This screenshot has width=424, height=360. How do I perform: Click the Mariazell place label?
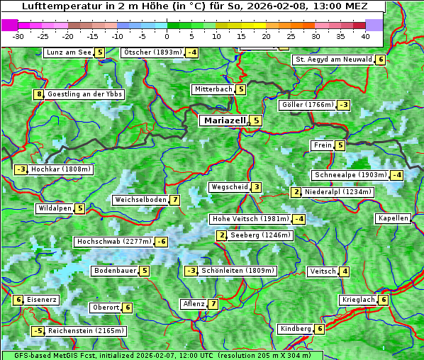tap(224, 120)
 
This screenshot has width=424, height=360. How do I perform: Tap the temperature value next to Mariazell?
tap(256, 120)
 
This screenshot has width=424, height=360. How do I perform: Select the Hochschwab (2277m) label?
tap(114, 242)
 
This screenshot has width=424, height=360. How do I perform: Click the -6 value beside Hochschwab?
tap(162, 242)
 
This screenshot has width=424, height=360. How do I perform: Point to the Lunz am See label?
tap(69, 52)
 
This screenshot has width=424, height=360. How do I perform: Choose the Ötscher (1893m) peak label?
tap(152, 52)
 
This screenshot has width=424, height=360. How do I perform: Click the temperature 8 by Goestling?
tap(38, 94)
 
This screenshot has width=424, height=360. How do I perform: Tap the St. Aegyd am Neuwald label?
tap(333, 60)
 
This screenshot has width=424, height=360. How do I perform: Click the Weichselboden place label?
tap(141, 200)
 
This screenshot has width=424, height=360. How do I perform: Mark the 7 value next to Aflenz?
tap(213, 304)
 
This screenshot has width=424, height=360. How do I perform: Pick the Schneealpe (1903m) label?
tap(350, 175)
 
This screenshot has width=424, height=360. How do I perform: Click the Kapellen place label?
tap(393, 218)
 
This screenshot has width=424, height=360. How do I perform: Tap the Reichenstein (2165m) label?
tap(87, 331)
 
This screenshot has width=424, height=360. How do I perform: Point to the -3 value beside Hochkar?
tap(21, 169)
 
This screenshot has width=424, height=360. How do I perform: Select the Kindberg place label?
tap(296, 329)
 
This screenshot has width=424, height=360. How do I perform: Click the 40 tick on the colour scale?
tap(365, 35)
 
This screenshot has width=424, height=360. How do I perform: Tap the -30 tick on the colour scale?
tap(19, 35)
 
